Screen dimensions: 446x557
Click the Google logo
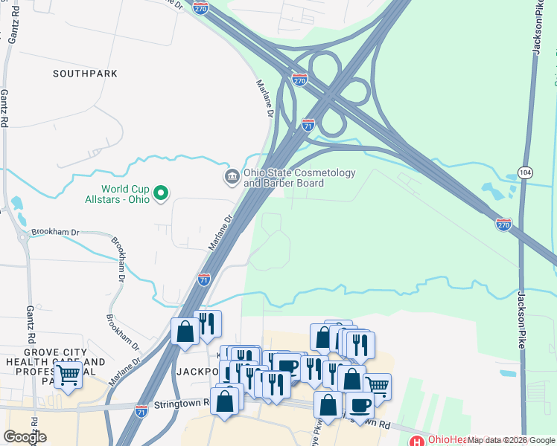[x=25, y=437]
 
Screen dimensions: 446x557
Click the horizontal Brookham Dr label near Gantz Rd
[x=55, y=232]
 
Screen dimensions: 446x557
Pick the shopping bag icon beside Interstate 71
[x=184, y=332]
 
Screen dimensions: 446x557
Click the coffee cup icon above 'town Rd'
[x=360, y=405]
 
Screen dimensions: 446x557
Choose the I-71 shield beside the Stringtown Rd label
[x=142, y=410]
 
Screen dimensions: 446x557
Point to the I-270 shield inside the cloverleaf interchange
[x=299, y=79]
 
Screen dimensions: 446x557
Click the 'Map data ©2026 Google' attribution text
[x=512, y=440]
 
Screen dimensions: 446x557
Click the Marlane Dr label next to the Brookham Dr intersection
[x=223, y=233]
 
